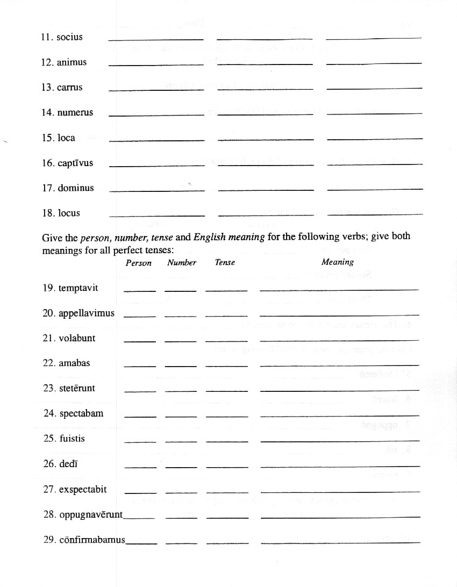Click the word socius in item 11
click(69, 38)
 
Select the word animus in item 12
click(72, 62)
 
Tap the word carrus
click(70, 88)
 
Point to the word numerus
click(75, 113)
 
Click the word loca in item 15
click(67, 138)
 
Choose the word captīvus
click(75, 163)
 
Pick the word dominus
click(76, 188)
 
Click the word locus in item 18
click(69, 213)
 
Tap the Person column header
click(139, 263)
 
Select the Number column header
click(182, 263)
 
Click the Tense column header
click(225, 263)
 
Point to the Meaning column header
click(338, 262)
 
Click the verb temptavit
click(78, 288)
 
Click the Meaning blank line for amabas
click(339, 366)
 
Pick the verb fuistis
click(72, 439)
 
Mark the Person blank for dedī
click(140, 467)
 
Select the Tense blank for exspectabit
click(227, 492)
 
